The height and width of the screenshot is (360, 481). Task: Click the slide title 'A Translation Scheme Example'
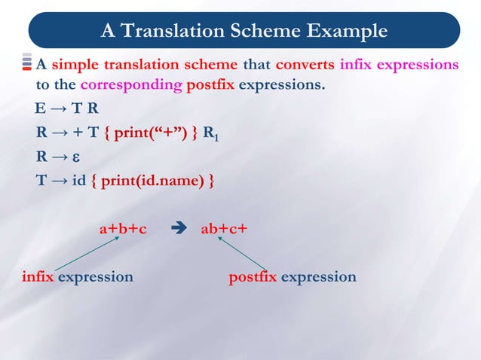coord(244,31)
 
